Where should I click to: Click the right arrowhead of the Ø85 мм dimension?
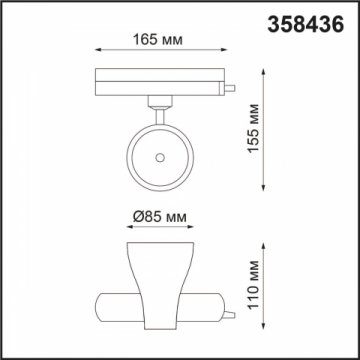point(192,230)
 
